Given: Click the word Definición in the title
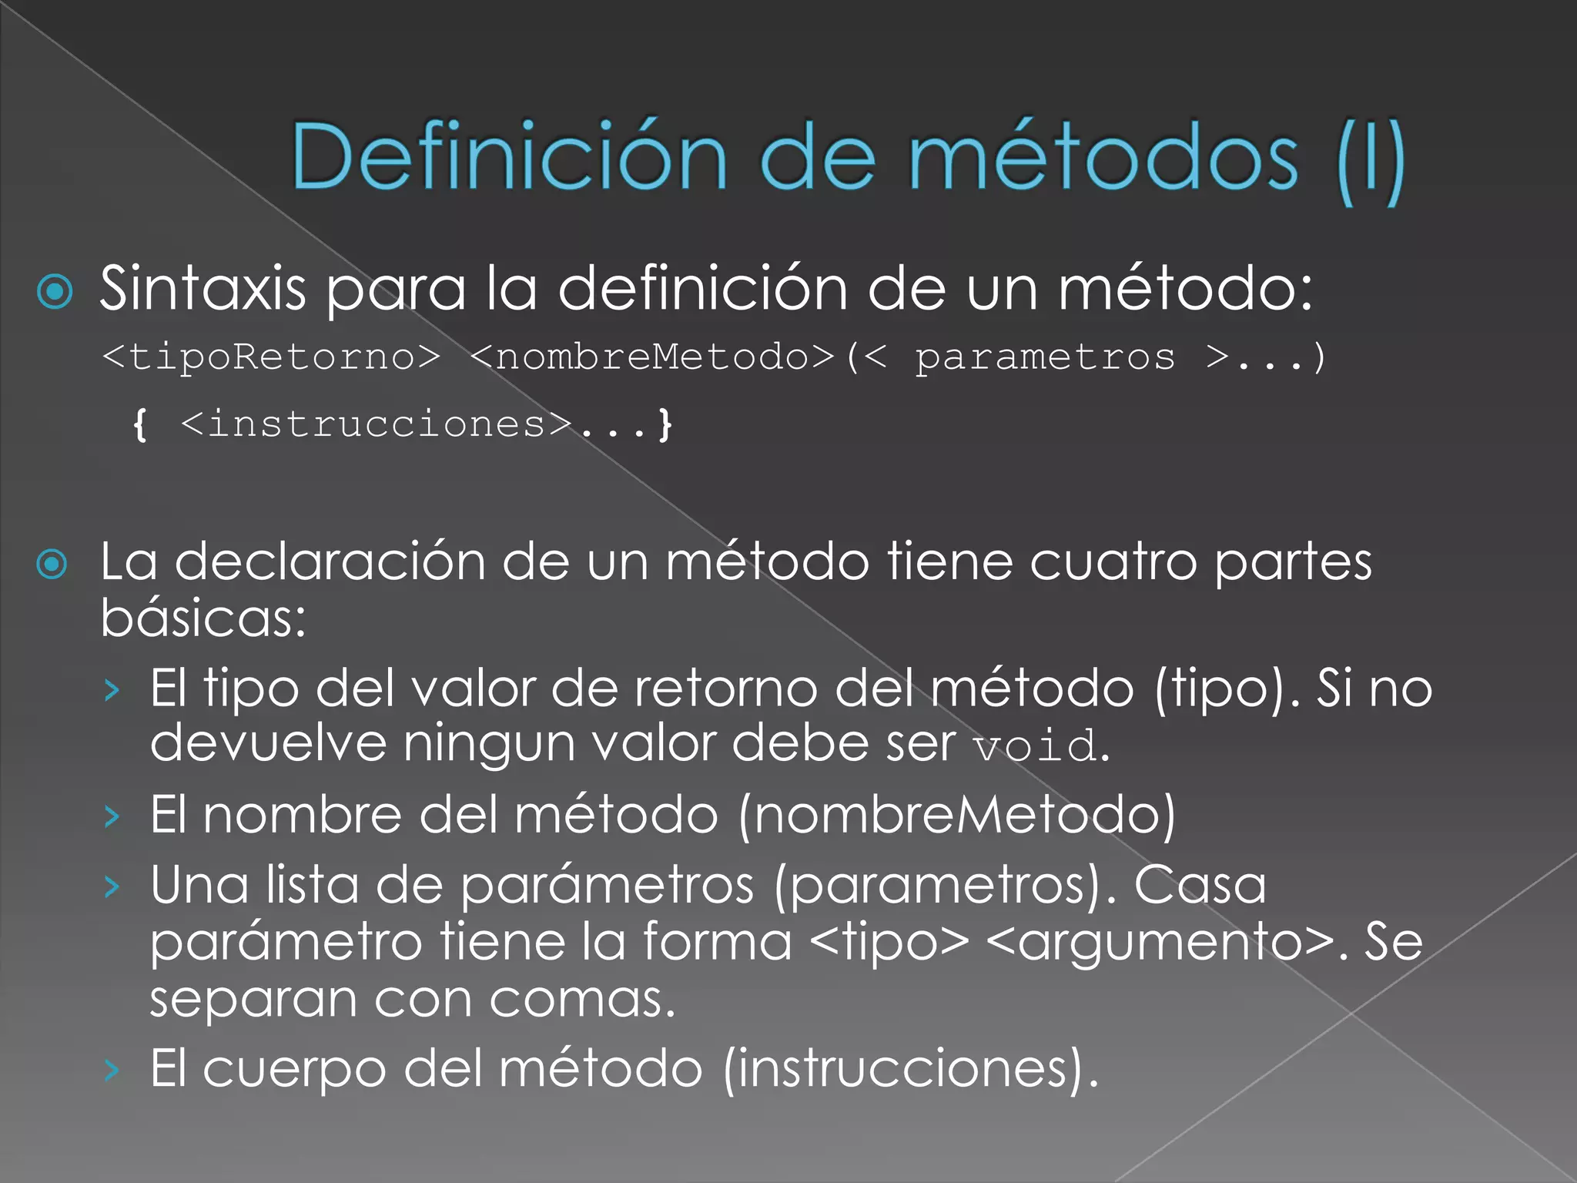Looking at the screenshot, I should click(508, 157).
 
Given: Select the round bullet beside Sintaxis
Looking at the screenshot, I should click(55, 292).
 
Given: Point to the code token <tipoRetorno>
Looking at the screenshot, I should click(271, 357).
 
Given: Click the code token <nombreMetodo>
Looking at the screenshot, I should click(652, 357).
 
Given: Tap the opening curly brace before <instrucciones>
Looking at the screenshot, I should click(140, 424).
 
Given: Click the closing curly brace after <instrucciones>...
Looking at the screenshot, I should click(665, 424).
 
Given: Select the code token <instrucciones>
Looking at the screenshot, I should click(377, 424).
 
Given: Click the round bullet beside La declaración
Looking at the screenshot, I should click(52, 565).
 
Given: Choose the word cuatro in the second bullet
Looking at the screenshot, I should click(1113, 562).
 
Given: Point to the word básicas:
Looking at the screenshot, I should click(203, 618).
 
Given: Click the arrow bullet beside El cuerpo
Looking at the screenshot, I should click(112, 1071).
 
